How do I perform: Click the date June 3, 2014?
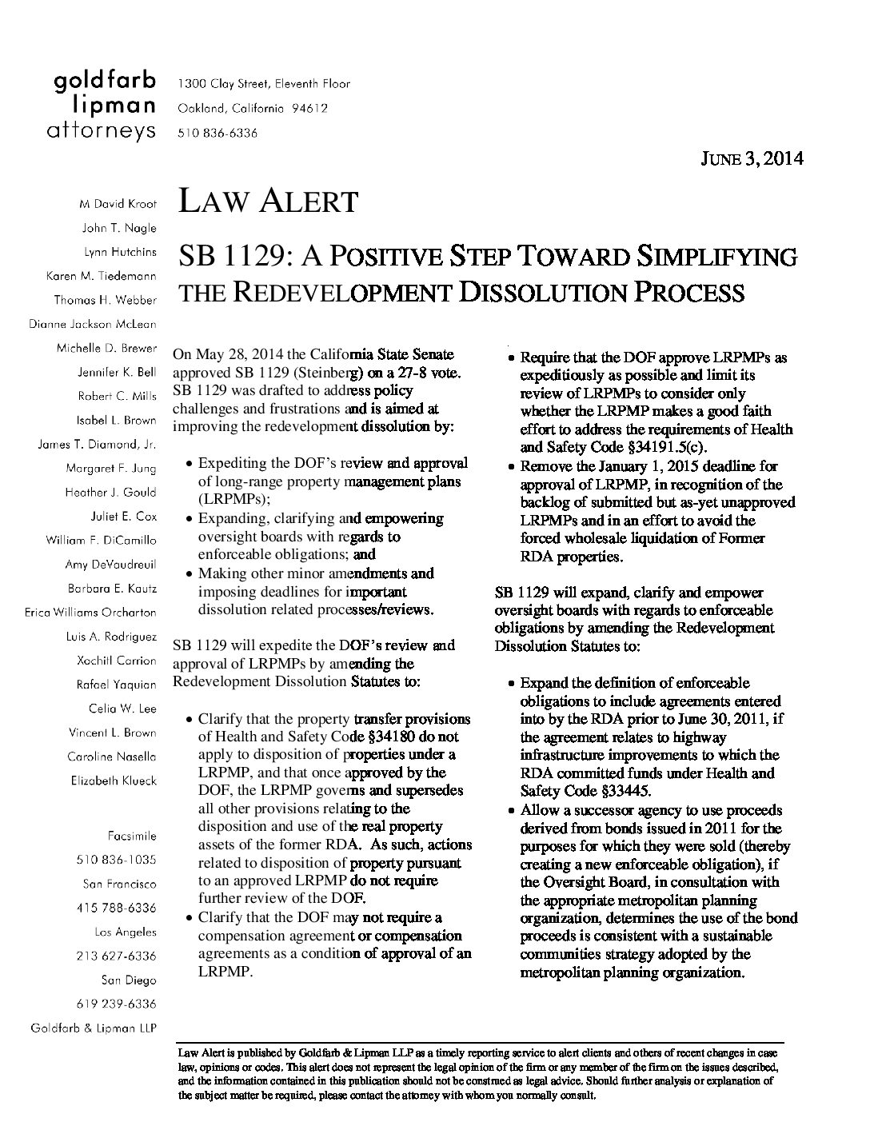[752, 158]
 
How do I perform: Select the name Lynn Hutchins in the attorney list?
[120, 252]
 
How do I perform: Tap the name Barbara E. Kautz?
[113, 589]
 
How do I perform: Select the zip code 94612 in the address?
[309, 109]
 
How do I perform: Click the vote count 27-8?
[416, 373]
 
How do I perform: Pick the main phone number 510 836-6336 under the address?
[217, 134]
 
